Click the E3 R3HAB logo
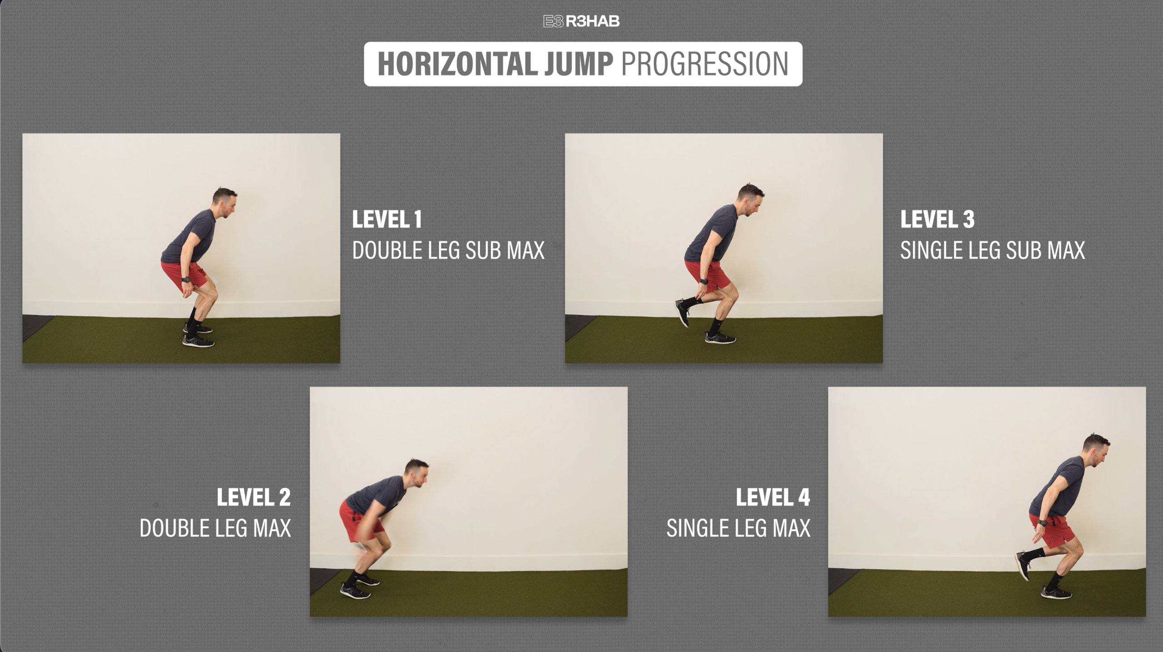click(581, 21)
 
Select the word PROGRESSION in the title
click(705, 64)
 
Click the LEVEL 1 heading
click(387, 219)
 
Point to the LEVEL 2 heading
click(253, 497)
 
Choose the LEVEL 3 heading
click(937, 219)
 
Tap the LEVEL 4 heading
click(773, 497)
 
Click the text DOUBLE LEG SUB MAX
click(448, 251)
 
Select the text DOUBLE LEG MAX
click(215, 528)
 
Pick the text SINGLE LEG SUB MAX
click(993, 251)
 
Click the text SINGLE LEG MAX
click(738, 528)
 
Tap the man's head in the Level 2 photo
click(417, 473)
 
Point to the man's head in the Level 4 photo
click(1097, 450)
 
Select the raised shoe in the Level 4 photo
click(1023, 565)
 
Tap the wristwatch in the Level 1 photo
click(185, 280)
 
